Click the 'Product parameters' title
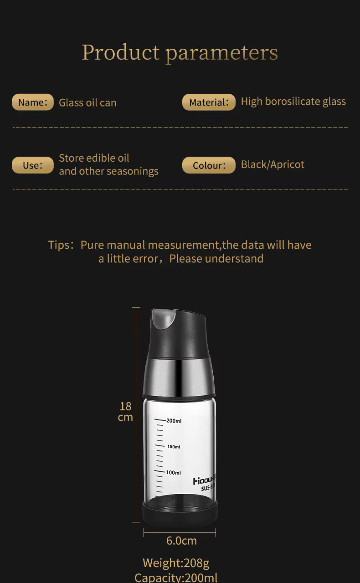point(180,52)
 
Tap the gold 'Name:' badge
point(32,102)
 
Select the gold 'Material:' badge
point(209,102)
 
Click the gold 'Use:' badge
point(32,165)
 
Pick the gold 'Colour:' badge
point(209,165)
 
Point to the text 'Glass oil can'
point(87,103)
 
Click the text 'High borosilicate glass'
point(293,102)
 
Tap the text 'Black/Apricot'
point(273,164)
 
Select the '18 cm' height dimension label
point(125,411)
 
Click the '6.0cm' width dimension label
point(181,541)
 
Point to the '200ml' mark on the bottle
point(174,421)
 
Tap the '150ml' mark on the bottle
point(173,447)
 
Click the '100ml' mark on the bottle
point(174,473)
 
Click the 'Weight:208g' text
point(176,563)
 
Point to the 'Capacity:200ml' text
point(176,578)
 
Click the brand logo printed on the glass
point(204,481)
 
